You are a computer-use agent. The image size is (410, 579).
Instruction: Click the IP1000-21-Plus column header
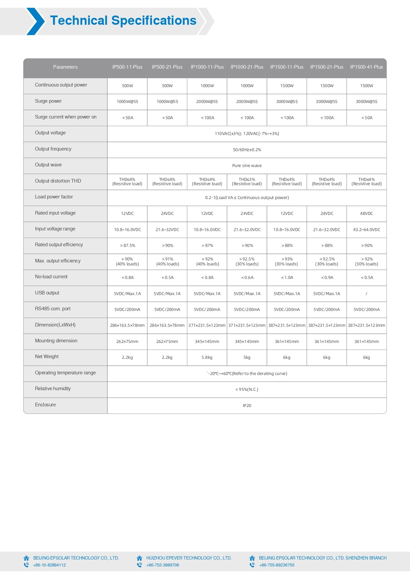pyautogui.click(x=247, y=67)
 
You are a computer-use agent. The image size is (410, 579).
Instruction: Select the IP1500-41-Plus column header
pyautogui.click(x=366, y=67)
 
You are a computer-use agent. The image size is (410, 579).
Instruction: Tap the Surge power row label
pyautogui.click(x=48, y=101)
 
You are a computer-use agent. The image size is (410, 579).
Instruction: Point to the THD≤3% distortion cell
pyautogui.click(x=247, y=182)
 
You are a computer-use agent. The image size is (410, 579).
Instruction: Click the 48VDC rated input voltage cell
pyautogui.click(x=366, y=214)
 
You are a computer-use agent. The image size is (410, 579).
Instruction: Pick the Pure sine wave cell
pyautogui.click(x=247, y=166)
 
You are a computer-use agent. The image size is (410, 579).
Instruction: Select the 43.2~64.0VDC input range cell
pyautogui.click(x=366, y=230)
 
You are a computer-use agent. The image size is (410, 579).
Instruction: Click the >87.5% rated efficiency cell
pyautogui.click(x=127, y=246)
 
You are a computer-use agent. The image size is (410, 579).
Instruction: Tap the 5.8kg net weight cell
pyautogui.click(x=207, y=358)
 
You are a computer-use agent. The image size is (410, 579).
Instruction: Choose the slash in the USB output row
pyautogui.click(x=366, y=294)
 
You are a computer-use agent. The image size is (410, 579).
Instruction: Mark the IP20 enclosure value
pyautogui.click(x=247, y=406)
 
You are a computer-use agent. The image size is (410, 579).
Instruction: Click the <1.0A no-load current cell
pyautogui.click(x=287, y=278)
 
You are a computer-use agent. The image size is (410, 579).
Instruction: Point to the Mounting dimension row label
pyautogui.click(x=56, y=341)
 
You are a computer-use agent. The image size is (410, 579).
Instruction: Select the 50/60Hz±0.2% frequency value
pyautogui.click(x=247, y=150)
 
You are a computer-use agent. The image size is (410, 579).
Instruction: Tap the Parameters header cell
pyautogui.click(x=65, y=67)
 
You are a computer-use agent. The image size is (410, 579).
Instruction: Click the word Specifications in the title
pyautogui.click(x=154, y=20)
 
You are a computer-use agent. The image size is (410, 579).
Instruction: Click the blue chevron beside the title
pyautogui.click(x=35, y=21)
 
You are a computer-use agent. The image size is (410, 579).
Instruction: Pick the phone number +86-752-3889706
pyautogui.click(x=163, y=565)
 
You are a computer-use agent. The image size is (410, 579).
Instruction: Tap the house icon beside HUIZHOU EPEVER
pyautogui.click(x=139, y=558)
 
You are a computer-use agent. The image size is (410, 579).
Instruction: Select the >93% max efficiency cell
pyautogui.click(x=287, y=261)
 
